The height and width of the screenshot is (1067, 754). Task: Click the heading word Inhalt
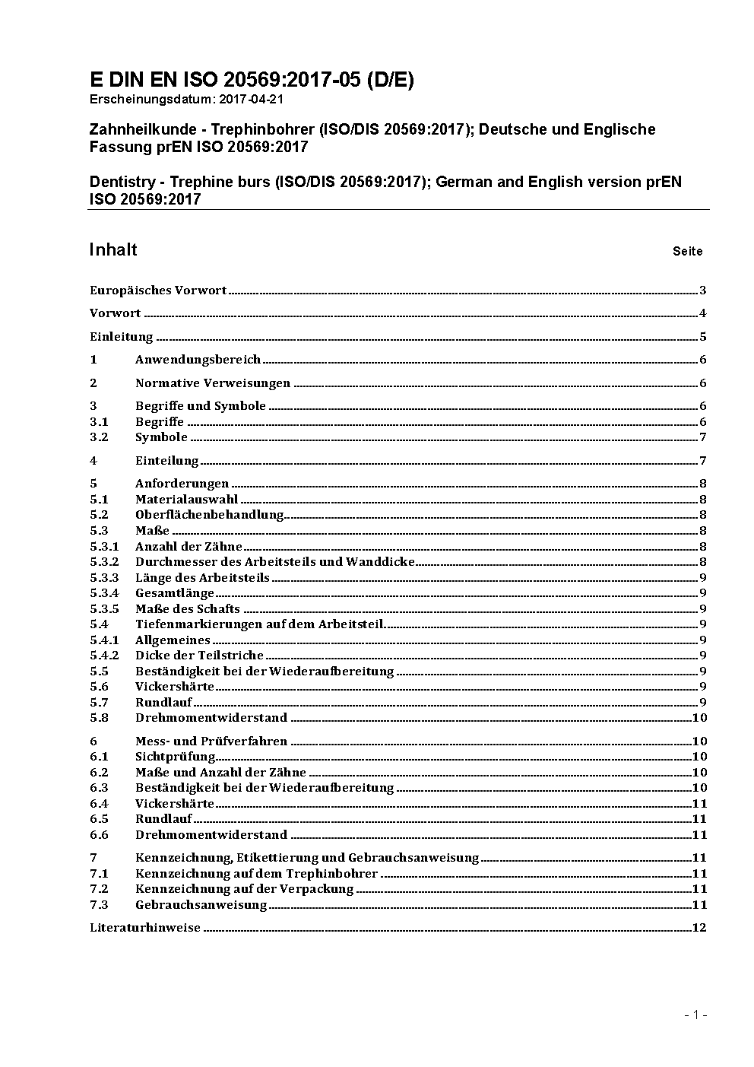click(x=113, y=250)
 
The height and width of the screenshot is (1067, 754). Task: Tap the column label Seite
click(x=687, y=252)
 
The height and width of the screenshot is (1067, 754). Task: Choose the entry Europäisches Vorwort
click(x=158, y=291)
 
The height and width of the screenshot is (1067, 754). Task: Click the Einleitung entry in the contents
click(x=122, y=337)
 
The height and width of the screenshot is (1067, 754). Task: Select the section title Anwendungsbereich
click(x=198, y=360)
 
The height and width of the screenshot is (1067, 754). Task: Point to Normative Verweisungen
click(x=213, y=383)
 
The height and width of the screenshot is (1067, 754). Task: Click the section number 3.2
click(x=99, y=437)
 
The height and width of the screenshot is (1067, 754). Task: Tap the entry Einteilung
click(x=166, y=461)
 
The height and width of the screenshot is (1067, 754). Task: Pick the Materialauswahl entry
click(x=186, y=500)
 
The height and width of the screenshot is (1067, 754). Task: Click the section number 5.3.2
click(x=104, y=562)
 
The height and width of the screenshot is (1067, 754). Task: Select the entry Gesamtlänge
click(x=175, y=593)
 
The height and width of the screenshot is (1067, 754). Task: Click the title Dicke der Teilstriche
click(x=199, y=656)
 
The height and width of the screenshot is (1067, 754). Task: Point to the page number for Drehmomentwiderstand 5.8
click(x=699, y=718)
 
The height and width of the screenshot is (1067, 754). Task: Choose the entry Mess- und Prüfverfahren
click(x=211, y=742)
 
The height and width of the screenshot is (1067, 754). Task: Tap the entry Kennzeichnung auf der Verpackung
click(x=245, y=889)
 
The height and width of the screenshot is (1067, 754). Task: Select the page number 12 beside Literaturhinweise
click(x=699, y=928)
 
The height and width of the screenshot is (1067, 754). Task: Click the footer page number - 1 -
click(x=695, y=1015)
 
